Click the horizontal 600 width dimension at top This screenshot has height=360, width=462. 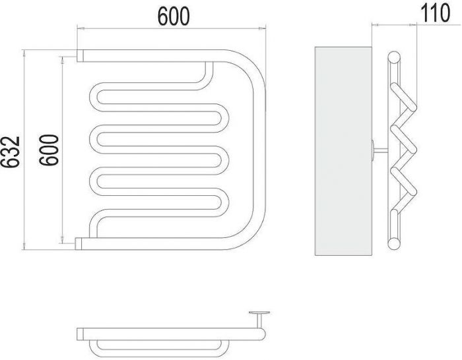coord(174,16)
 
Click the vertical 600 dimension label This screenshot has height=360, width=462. coord(49,150)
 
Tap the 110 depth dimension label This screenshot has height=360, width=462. coord(435,13)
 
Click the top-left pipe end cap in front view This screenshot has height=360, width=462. coord(80,55)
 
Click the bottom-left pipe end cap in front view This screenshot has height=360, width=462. coord(79,243)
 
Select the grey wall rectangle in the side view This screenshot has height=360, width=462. coord(343,151)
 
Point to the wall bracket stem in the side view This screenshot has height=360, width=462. coord(381,151)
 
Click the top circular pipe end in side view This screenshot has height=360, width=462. coord(394,57)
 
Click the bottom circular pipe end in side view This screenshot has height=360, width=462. coord(394,244)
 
